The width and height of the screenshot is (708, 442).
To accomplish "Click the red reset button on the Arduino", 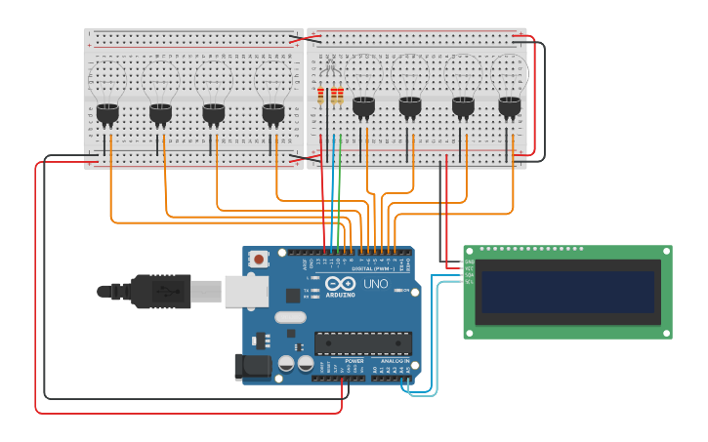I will (259, 260).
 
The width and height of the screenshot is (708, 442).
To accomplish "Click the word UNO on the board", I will (376, 283).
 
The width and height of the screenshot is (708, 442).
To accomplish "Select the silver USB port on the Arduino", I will (246, 291).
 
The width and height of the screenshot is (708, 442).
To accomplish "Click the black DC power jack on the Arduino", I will (251, 367).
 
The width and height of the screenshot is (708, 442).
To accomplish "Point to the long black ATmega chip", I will (362, 343).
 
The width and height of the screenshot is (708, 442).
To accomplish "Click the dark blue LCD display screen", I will (567, 292).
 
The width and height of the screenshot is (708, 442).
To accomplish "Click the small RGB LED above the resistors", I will (330, 68).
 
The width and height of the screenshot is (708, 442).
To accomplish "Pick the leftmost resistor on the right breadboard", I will (320, 95).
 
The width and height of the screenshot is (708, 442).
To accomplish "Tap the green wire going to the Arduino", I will (335, 195).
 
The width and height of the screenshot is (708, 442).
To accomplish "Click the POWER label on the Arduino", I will (354, 360).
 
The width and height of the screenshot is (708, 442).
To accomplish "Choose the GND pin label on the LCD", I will (469, 261).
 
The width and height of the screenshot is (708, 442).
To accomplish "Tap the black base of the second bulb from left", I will (160, 114).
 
